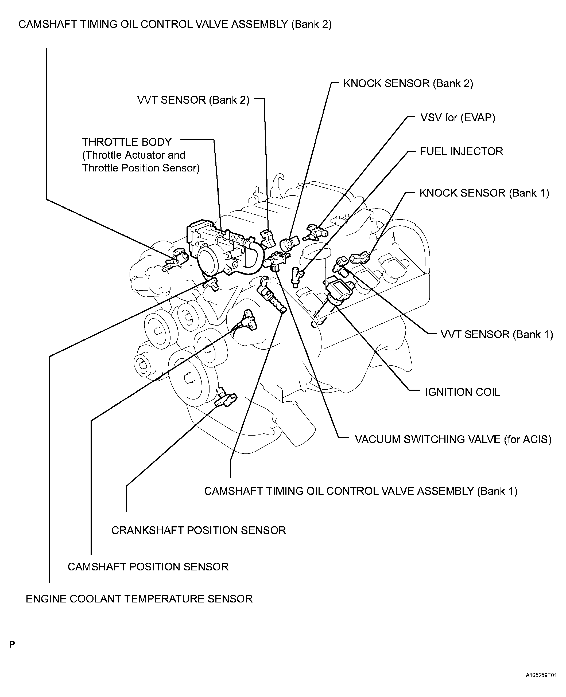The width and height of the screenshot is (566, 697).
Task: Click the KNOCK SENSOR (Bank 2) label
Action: point(408,84)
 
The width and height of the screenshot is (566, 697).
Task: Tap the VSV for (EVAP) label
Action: point(458,118)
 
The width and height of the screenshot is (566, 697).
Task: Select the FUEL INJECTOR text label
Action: point(461,151)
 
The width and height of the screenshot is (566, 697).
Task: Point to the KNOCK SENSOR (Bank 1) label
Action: point(484,193)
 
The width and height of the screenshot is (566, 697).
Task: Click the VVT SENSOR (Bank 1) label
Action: point(497,335)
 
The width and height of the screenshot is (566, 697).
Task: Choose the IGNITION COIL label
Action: point(462,392)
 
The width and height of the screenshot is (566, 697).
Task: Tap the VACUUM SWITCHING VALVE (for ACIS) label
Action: point(453,440)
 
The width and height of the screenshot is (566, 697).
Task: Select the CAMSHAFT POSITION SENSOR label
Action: point(148,567)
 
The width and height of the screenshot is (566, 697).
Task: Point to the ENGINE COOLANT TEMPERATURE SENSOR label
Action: point(139,599)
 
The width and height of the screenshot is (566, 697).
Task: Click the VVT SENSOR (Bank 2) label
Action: point(193,100)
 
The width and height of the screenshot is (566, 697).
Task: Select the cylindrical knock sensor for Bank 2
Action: point(289,243)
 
